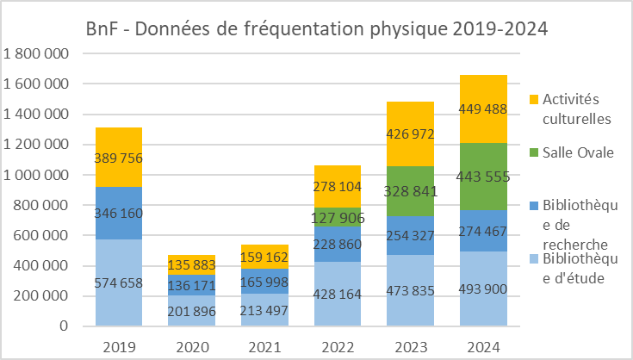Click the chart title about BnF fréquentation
coord(317,28)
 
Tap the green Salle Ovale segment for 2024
coord(483,155)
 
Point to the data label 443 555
coord(483,177)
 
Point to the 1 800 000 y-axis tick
coord(36,53)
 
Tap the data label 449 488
coord(483,109)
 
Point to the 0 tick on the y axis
coord(64,326)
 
